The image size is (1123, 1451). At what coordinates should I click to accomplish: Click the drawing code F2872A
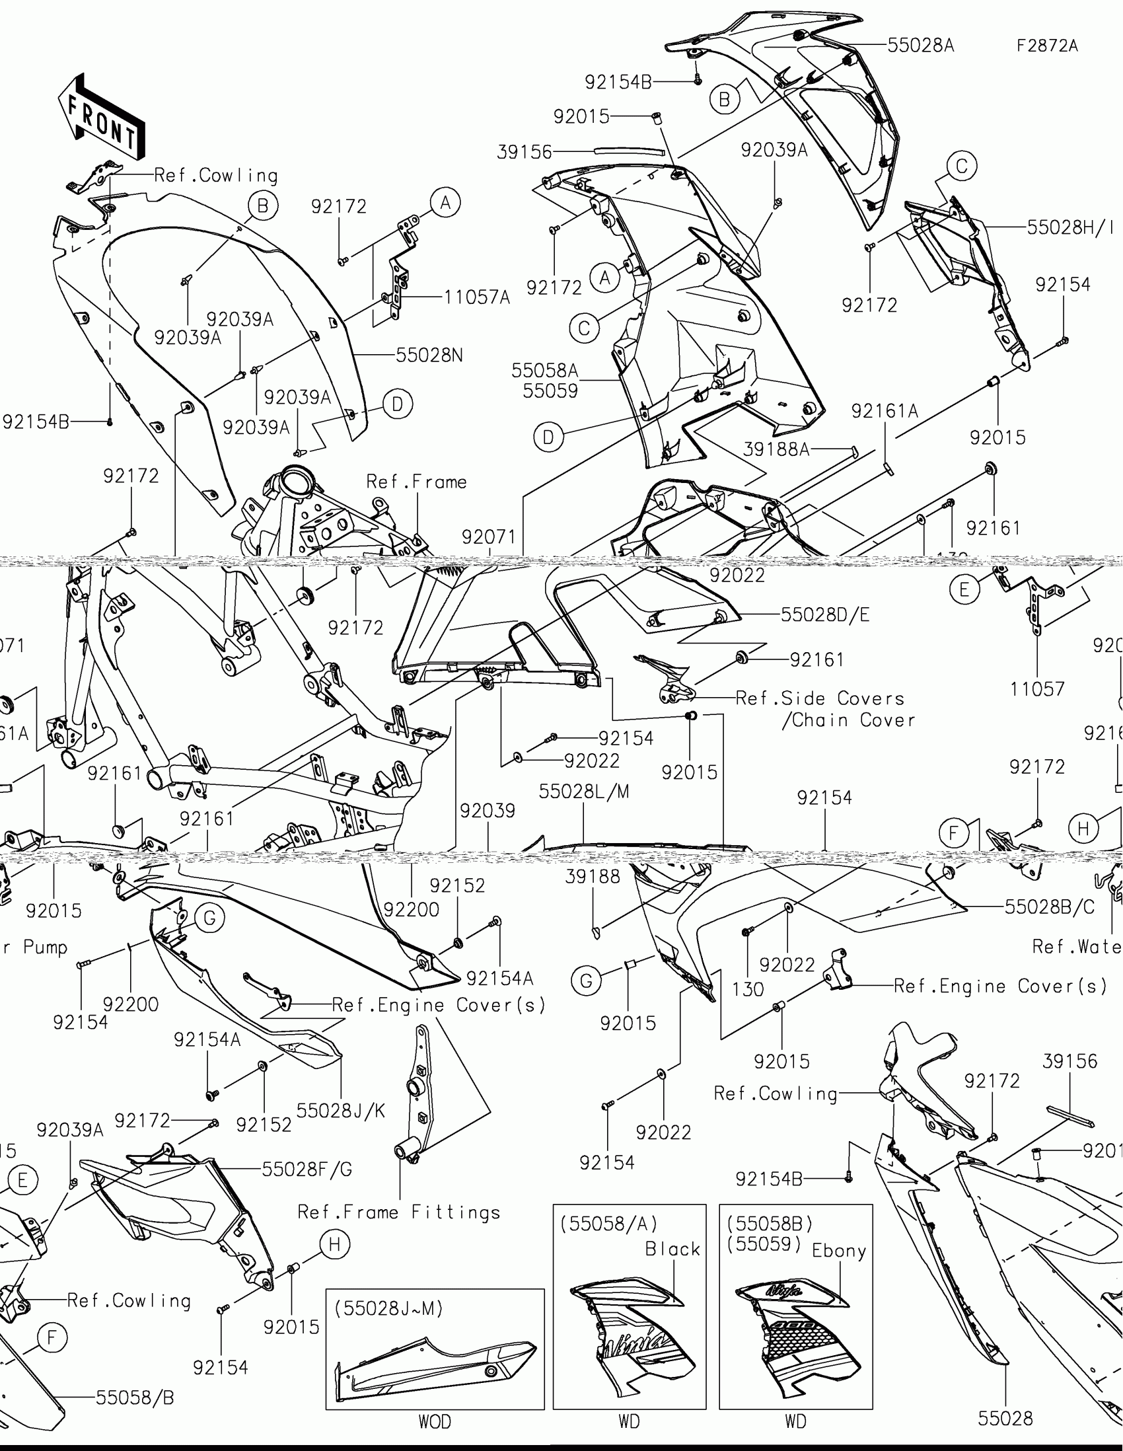point(1047,46)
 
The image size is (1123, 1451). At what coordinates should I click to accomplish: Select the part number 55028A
point(920,45)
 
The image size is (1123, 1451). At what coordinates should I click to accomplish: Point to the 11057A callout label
point(477,297)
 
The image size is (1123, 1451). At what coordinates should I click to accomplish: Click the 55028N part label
point(429,355)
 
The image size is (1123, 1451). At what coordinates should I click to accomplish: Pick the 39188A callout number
point(776,450)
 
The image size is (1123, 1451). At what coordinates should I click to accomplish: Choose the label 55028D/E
point(825,614)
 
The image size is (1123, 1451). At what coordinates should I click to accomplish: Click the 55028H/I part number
point(1070,227)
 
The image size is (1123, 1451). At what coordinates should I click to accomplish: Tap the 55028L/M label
point(584,792)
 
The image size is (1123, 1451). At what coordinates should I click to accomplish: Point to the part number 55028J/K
point(341,1110)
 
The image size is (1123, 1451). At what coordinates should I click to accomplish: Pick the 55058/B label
point(135,1398)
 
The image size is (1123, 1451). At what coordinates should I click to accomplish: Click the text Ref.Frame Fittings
point(398,1212)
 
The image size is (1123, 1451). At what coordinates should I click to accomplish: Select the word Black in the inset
point(672,1249)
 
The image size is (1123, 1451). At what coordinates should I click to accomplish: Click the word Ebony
point(839,1251)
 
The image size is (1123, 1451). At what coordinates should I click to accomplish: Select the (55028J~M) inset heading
point(388,1308)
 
